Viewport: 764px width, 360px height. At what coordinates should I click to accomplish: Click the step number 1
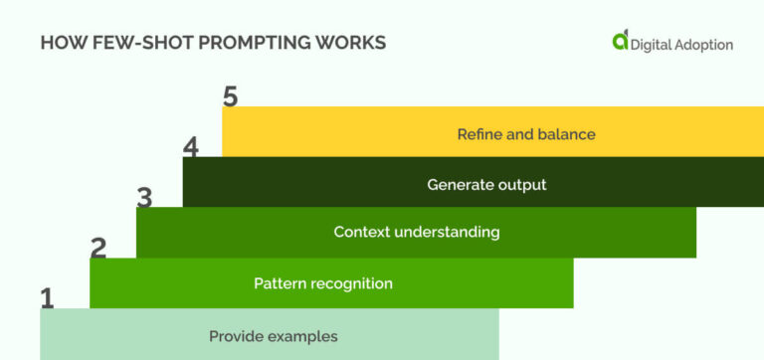[47, 297]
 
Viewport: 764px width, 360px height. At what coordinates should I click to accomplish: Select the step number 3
[144, 198]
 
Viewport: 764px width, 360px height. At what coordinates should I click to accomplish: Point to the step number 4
[191, 147]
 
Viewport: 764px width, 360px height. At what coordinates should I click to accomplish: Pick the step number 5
[231, 97]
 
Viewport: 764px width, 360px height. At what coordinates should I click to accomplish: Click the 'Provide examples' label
[273, 336]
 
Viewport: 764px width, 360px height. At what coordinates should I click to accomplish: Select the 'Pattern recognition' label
[323, 283]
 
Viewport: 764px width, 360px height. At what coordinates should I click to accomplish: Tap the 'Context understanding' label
[416, 232]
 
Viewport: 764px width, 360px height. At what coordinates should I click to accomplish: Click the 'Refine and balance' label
[526, 133]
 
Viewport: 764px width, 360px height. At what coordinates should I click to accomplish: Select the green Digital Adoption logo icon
[621, 41]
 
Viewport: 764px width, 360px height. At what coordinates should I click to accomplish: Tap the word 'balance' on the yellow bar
[567, 133]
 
